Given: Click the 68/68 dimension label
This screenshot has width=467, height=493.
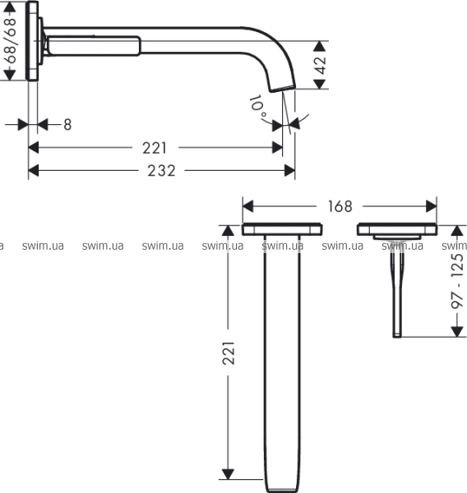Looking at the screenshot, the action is [11, 41].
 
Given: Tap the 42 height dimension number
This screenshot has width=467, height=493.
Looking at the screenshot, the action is [321, 65].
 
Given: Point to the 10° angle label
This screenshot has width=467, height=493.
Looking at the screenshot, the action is [258, 107].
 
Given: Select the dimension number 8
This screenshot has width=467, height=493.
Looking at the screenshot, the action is [67, 125].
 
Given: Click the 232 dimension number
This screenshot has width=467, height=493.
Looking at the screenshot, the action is [161, 171].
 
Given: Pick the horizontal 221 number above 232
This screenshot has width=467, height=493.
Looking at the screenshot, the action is [155, 148].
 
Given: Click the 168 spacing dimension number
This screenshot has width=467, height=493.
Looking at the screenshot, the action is [340, 206].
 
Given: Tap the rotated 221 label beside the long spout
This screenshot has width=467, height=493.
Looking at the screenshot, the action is [229, 352].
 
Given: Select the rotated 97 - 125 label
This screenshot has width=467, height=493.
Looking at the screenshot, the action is [457, 280].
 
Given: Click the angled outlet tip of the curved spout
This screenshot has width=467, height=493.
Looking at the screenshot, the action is [283, 89].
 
